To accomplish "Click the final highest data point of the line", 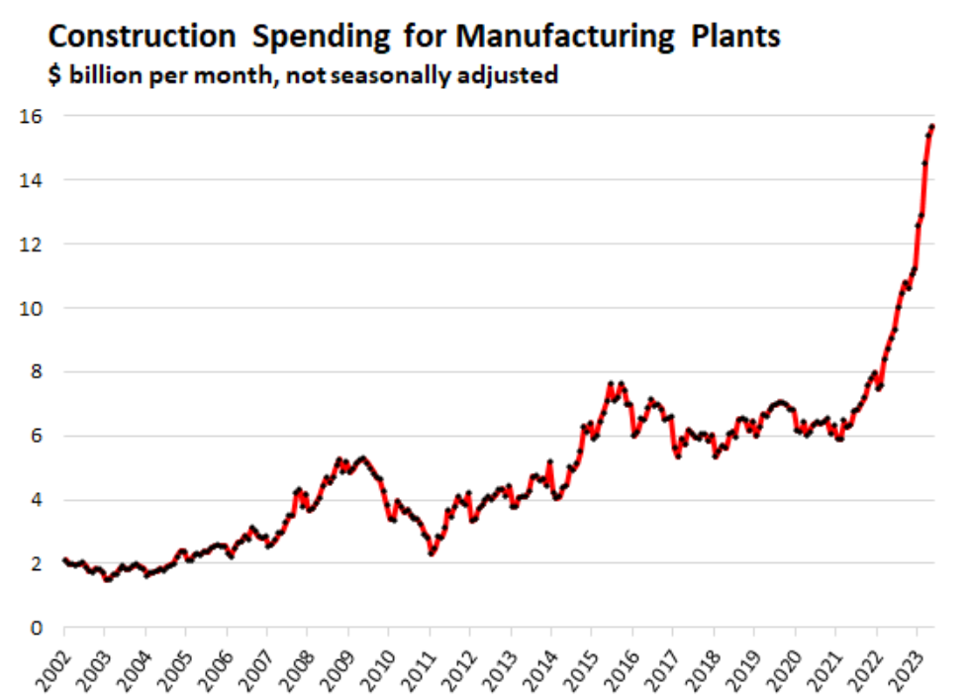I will (x=932, y=126).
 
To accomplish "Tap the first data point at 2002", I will (x=64, y=560).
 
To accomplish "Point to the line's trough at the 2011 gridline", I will (x=431, y=553).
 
